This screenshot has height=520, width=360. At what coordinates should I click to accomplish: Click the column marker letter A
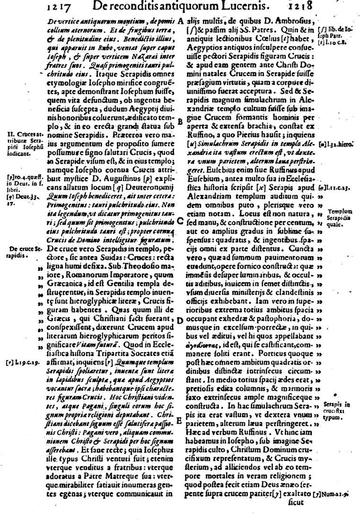click(x=182, y=22)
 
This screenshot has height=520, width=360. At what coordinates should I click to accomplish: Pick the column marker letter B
click(x=180, y=121)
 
